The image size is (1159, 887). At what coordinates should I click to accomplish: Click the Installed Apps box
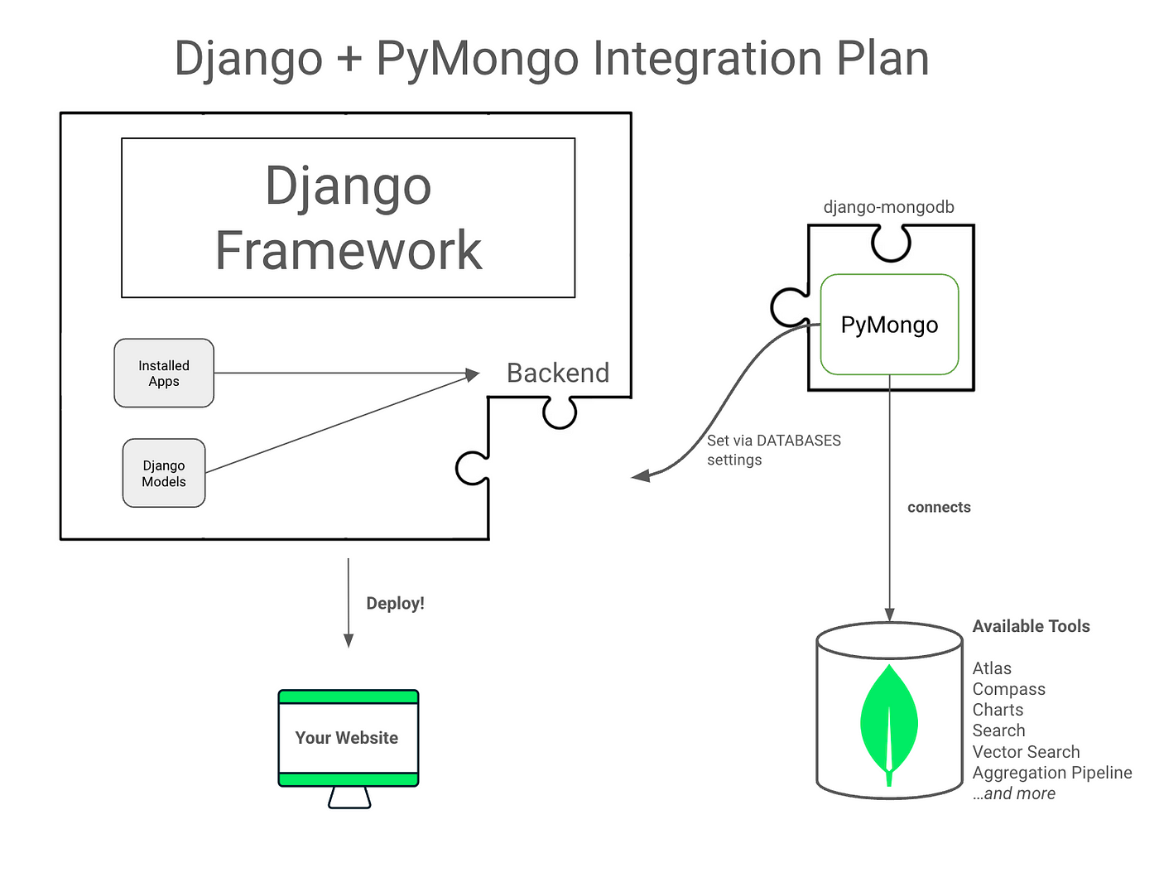point(164,373)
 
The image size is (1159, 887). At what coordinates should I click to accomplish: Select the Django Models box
point(164,473)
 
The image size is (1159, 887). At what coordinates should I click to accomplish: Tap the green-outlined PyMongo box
point(889,325)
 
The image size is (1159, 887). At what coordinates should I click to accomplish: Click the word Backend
point(558,373)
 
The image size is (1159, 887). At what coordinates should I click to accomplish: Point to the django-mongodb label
point(888,207)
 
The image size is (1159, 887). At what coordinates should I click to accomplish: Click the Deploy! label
point(395,603)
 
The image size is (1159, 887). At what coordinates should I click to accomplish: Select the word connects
point(939,507)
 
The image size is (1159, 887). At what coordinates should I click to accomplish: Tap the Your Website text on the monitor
point(346,737)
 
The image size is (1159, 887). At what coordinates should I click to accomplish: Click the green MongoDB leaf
point(889,725)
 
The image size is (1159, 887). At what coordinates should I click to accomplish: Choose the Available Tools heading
point(1031,626)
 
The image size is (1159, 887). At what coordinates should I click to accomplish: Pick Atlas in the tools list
point(992,668)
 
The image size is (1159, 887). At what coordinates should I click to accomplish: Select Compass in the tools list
point(1008,689)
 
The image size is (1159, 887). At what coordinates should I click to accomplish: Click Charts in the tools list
point(998,710)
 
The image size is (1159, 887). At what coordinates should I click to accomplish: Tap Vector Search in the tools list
point(1026,752)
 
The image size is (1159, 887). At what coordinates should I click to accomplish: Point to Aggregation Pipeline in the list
point(1052,773)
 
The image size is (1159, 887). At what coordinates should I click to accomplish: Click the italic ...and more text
point(1014,793)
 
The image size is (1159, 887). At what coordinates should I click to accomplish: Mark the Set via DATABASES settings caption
point(773,450)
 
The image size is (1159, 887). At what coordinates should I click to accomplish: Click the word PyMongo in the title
point(477,60)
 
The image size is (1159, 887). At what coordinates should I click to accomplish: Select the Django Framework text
point(349,218)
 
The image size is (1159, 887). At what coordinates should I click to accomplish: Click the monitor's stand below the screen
point(349,798)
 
